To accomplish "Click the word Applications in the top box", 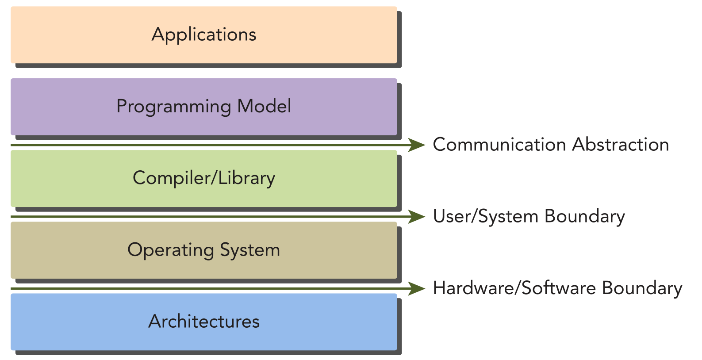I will click(x=204, y=35).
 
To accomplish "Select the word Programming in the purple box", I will click(x=173, y=107).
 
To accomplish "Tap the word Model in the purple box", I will click(x=264, y=106).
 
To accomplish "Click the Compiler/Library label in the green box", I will click(x=204, y=178).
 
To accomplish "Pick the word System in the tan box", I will click(x=250, y=250).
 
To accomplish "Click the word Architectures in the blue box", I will click(x=204, y=322).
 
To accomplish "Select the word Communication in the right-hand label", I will click(x=499, y=145).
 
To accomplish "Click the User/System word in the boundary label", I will click(x=485, y=217).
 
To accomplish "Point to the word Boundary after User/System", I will click(x=584, y=217).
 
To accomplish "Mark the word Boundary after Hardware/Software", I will click(x=642, y=288).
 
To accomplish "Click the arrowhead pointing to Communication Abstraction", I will click(x=416, y=145).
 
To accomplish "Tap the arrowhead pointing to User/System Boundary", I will click(x=416, y=217).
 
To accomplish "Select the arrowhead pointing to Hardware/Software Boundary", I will click(x=416, y=288).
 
